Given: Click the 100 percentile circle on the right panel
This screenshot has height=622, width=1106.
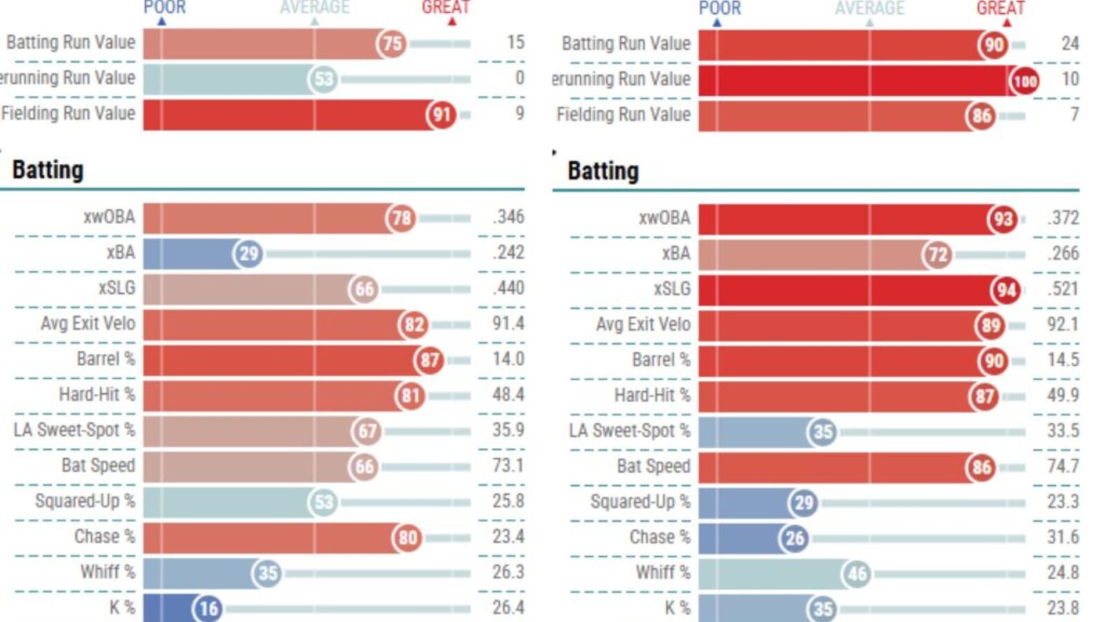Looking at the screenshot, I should click(x=1024, y=82).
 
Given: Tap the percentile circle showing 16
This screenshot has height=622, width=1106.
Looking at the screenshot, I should click(x=207, y=608).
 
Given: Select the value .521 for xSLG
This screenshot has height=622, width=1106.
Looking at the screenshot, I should click(x=1062, y=289).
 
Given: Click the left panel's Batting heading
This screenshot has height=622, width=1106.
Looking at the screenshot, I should click(x=48, y=170).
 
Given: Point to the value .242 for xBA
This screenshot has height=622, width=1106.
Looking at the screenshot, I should click(x=508, y=252).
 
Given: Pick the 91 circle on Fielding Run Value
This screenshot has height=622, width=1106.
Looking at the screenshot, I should click(x=442, y=115).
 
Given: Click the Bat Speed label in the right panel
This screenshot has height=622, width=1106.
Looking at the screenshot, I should click(x=653, y=466).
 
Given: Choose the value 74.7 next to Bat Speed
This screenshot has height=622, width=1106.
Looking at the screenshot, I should click(x=1062, y=466).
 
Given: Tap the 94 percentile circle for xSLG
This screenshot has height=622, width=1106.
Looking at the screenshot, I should click(x=1006, y=290).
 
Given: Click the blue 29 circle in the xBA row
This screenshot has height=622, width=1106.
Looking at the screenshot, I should click(x=248, y=254).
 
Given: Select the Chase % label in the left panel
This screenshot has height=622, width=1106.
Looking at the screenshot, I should click(x=104, y=537).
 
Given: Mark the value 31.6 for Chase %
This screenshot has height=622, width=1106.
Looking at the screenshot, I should click(x=1062, y=537).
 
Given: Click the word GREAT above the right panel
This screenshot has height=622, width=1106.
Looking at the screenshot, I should click(x=1000, y=8).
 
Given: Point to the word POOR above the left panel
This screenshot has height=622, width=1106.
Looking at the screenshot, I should click(x=165, y=8).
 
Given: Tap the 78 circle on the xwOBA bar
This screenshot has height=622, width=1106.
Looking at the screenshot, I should click(x=401, y=218).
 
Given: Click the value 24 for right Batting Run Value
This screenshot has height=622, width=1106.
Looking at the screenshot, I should click(x=1069, y=44).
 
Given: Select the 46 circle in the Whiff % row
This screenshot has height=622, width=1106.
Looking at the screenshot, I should click(x=856, y=574).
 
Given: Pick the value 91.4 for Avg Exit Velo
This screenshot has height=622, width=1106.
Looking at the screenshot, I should click(x=508, y=323).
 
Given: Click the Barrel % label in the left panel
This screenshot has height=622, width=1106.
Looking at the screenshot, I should click(x=106, y=359).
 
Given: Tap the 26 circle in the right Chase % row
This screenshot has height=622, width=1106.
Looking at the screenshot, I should click(x=794, y=538).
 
